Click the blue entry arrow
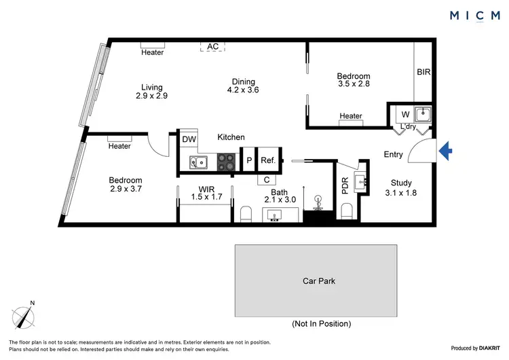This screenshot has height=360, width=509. [445, 151]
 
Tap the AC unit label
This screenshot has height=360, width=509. [213, 46]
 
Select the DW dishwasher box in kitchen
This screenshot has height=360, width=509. [189, 139]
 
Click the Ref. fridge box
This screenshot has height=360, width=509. [267, 160]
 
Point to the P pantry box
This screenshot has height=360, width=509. [248, 160]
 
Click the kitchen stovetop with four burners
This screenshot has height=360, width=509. [225, 162]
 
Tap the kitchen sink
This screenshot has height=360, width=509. [198, 162]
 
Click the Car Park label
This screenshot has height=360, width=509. [319, 280]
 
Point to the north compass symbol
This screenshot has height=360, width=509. [24, 317]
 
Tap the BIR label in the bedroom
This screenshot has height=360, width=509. [423, 71]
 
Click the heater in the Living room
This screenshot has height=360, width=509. [153, 52]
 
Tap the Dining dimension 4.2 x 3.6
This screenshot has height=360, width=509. [243, 90]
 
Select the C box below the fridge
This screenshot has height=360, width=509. [267, 180]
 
